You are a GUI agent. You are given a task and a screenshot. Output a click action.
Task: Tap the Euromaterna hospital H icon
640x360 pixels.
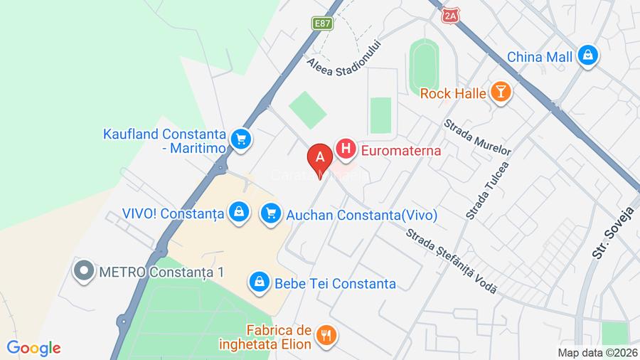click(x=346, y=149)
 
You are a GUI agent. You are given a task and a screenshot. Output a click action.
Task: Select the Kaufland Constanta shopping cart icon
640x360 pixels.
click(x=241, y=138)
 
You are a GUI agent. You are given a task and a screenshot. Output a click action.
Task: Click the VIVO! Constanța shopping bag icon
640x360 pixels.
click(x=238, y=211)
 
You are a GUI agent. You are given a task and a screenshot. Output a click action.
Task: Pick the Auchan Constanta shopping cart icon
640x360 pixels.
click(x=270, y=212)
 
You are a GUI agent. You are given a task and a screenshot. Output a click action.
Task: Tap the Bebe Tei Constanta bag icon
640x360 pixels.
click(x=257, y=282)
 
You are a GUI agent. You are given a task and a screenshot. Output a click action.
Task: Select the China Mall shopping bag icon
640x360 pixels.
click(x=587, y=55)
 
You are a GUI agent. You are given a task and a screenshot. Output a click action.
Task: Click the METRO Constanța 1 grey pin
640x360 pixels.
click(x=85, y=272)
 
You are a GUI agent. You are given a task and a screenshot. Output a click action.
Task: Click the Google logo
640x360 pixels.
click(x=33, y=348)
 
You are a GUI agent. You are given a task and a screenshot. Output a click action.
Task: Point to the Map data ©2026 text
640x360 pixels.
click(x=597, y=352)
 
